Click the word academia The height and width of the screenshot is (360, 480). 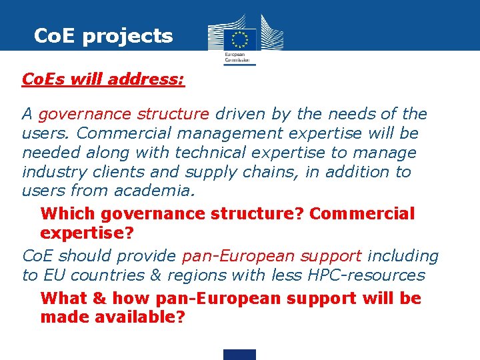tap(155, 191)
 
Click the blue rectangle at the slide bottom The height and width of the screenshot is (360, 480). tap(239, 354)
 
